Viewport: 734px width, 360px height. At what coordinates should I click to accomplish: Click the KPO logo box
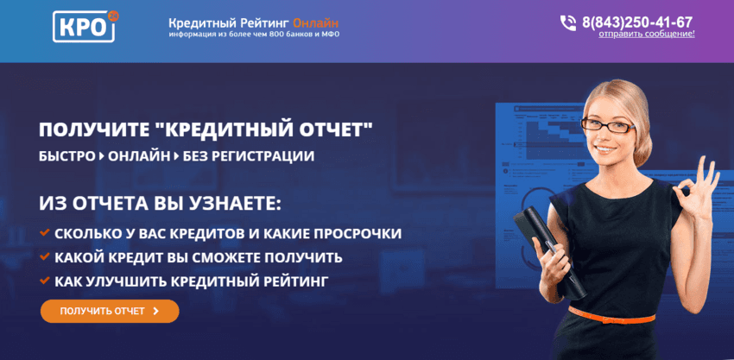tap(84, 27)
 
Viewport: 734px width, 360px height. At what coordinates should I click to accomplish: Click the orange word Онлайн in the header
tap(316, 22)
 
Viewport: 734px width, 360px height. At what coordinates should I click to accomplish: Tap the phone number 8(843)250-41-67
tap(637, 22)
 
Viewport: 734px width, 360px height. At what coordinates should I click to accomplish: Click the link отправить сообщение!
tap(647, 34)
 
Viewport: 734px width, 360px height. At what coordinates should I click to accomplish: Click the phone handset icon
tap(567, 22)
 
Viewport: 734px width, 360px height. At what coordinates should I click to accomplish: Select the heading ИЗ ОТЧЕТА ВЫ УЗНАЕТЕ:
tap(161, 204)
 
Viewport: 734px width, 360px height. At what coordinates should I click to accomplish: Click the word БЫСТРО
tap(67, 156)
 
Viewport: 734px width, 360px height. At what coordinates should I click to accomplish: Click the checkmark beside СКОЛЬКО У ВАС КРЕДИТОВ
tap(45, 233)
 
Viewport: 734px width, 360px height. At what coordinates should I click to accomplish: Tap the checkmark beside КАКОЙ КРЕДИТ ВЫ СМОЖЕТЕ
tap(45, 257)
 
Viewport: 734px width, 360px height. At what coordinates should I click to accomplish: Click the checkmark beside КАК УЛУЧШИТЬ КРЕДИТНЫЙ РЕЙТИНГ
tap(45, 281)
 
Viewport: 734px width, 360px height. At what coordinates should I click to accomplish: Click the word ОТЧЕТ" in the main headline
tap(328, 130)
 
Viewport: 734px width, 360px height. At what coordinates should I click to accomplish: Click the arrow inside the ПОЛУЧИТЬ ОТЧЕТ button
tap(155, 311)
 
